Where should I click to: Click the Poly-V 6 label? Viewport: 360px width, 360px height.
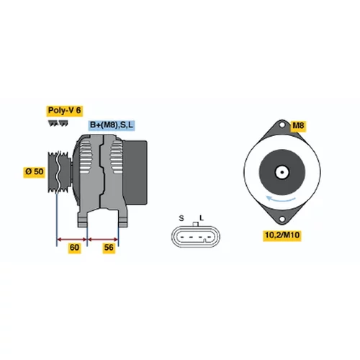coord(65,111)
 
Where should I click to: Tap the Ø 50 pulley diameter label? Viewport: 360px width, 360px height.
coord(35,172)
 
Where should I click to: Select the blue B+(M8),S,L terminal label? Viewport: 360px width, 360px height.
coord(112,125)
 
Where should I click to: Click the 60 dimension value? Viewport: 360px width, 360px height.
coord(74,248)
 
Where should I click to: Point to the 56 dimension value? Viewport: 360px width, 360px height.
coord(109,248)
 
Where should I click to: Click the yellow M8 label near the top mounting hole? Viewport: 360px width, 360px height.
coord(298,125)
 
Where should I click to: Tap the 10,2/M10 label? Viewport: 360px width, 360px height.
coord(282,235)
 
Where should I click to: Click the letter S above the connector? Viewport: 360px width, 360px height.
coord(181,218)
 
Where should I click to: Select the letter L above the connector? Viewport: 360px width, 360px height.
coord(202,218)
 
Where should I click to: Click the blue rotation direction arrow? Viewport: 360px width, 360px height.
coord(281,200)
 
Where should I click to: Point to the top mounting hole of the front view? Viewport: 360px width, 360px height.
coord(282,125)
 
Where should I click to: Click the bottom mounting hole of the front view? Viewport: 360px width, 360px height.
coord(282,219)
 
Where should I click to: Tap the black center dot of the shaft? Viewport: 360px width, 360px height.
coord(282,172)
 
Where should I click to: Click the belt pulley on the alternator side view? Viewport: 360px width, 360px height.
coord(59,172)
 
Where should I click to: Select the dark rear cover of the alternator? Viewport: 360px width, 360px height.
coord(135,172)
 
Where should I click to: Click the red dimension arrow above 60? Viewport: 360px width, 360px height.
coord(72,239)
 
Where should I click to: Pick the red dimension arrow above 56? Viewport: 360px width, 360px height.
coord(103,239)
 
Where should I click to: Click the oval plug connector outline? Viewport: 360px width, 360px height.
coord(196,237)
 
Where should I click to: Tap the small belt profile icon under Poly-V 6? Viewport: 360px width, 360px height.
coord(58,123)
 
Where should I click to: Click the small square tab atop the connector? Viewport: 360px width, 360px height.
coord(196,224)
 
